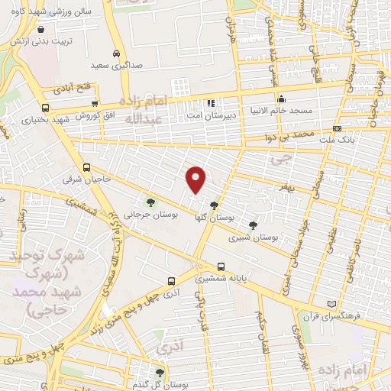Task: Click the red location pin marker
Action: (196, 179)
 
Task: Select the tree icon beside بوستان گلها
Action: (215, 205)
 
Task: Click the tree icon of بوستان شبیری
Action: (253, 225)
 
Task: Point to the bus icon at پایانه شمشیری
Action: (221, 267)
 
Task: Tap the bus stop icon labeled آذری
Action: (172, 280)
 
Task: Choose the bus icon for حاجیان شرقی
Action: (86, 167)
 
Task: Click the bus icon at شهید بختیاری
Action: (46, 108)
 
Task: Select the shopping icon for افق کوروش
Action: (94, 104)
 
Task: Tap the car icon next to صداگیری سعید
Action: (115, 54)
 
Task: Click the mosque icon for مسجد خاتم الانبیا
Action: (281, 98)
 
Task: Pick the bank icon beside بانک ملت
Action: (338, 128)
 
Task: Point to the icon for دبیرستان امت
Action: (211, 103)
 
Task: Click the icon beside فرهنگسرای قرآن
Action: (330, 303)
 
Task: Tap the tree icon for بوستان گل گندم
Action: (160, 373)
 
